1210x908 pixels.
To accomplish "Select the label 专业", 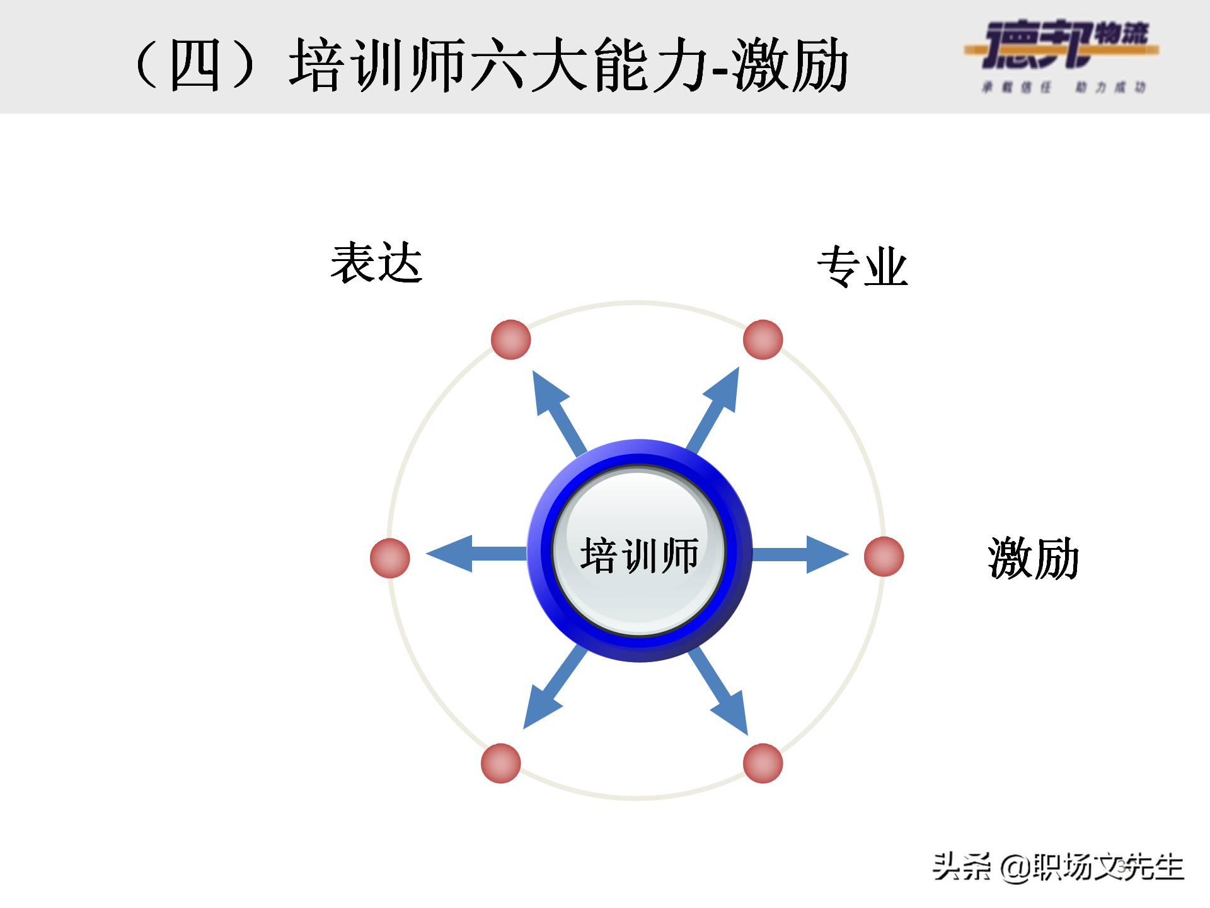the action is (862, 267).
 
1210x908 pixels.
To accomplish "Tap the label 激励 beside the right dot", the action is (1034, 558).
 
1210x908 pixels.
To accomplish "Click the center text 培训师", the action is (639, 556).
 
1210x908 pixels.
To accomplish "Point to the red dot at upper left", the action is (510, 340).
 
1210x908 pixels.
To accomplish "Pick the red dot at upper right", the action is (763, 340).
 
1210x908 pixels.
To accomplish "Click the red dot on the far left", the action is (390, 558).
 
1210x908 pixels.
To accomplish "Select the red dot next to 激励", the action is (884, 557).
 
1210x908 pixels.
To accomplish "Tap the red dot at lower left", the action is (500, 763).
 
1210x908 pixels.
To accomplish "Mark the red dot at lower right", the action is (763, 763).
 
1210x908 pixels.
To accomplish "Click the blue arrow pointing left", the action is (473, 554).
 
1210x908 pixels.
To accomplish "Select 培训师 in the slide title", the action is (377, 65).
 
